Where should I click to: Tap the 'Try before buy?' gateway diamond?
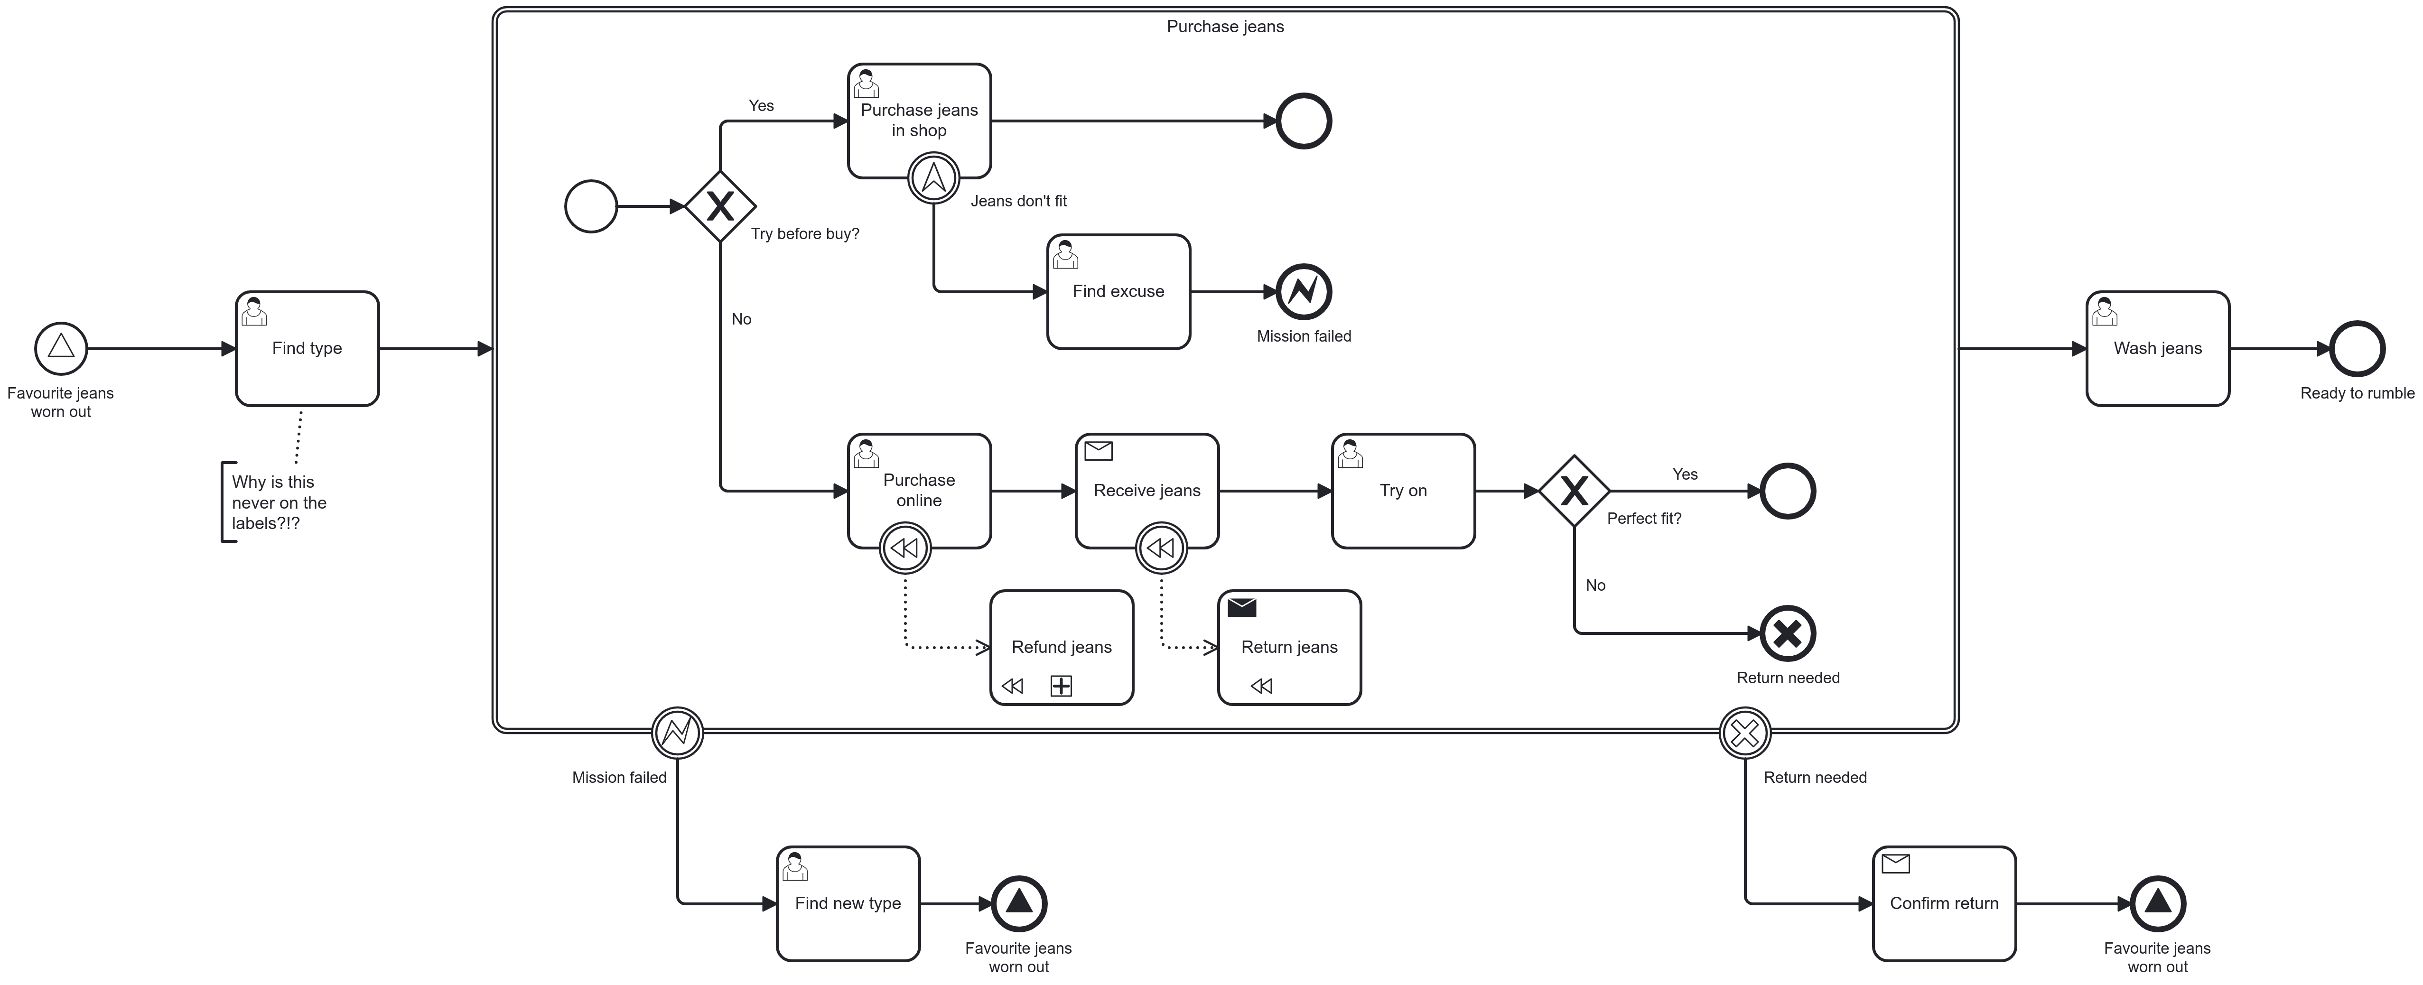(719, 206)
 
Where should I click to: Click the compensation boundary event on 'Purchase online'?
(905, 548)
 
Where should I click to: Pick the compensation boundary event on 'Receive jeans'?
(1161, 548)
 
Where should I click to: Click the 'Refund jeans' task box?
(1061, 647)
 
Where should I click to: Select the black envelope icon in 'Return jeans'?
(1241, 608)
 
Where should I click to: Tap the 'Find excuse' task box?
(1118, 292)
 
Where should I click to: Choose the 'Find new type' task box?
(848, 903)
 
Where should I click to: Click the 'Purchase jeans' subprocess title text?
(1225, 27)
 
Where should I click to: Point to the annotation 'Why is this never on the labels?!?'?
(279, 502)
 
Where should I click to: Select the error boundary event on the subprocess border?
(677, 732)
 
